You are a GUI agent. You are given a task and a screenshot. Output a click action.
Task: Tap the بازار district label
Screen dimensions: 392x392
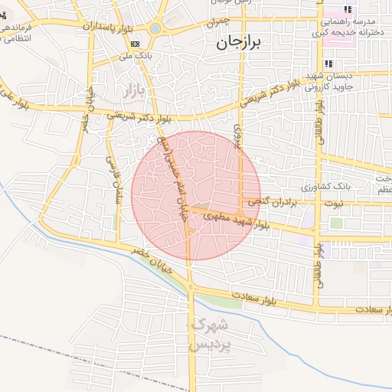(132, 92)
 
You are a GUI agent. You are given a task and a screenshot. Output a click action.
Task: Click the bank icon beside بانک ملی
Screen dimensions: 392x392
(136, 44)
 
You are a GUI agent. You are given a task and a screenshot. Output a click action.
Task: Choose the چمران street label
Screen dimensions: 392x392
(217, 24)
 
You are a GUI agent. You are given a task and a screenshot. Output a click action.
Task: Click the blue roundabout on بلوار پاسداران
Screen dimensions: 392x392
(155, 28)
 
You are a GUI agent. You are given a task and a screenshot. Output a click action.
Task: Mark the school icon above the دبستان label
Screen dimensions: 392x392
(328, 64)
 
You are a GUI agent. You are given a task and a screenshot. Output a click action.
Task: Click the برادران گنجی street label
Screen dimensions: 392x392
(271, 201)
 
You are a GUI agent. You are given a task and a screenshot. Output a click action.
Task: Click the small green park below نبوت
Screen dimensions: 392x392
(336, 224)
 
